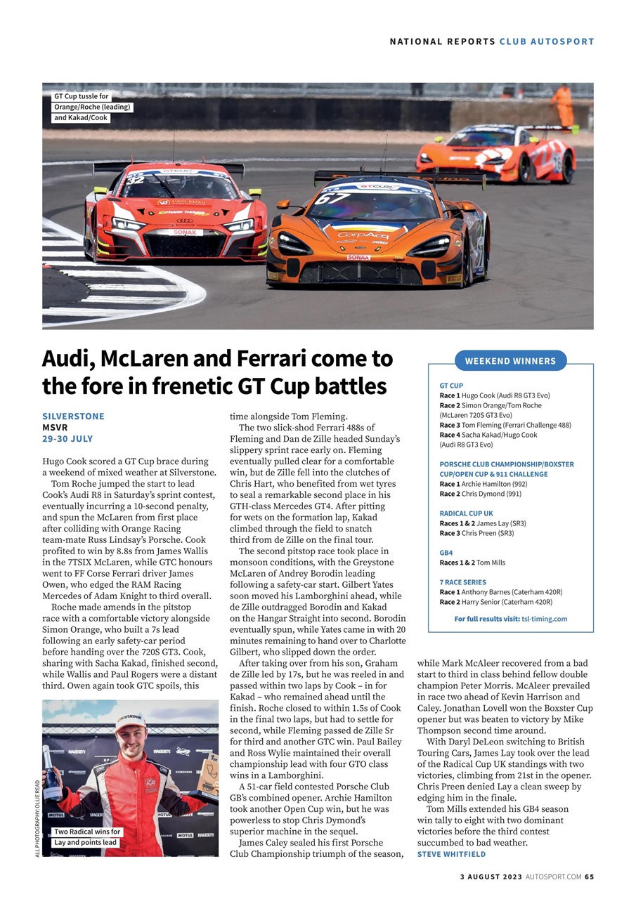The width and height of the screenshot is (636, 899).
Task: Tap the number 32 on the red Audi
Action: pyautogui.click(x=135, y=179)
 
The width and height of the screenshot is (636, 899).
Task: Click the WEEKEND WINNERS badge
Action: pyautogui.click(x=510, y=361)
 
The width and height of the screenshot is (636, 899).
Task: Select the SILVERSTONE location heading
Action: pyautogui.click(x=73, y=416)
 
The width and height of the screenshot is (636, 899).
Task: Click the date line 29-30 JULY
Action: pyautogui.click(x=67, y=439)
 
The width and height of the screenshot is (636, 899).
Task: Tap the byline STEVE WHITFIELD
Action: pyautogui.click(x=451, y=854)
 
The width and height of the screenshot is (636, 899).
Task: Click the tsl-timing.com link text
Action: pyautogui.click(x=545, y=619)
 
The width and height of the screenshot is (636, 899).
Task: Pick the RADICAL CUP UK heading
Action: pyautogui.click(x=466, y=513)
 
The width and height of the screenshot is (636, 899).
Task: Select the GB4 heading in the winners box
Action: pyautogui.click(x=446, y=553)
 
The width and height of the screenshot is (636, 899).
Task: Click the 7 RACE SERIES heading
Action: pyautogui.click(x=462, y=582)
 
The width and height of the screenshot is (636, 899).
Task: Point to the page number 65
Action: pyautogui.click(x=589, y=877)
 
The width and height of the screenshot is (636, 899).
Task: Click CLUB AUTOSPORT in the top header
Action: pyautogui.click(x=547, y=41)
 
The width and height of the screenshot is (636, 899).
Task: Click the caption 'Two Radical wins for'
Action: pyautogui.click(x=87, y=832)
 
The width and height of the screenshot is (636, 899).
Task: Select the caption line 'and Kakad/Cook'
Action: pyautogui.click(x=81, y=118)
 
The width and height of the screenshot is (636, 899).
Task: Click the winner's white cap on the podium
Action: pyautogui.click(x=130, y=720)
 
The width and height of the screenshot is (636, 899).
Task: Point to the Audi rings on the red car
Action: pyautogui.click(x=185, y=221)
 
